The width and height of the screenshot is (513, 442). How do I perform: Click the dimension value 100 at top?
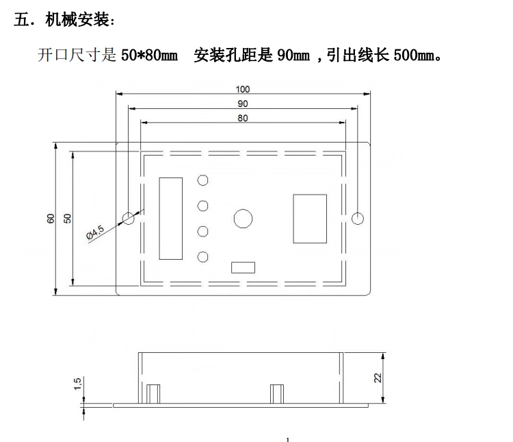point(243,89)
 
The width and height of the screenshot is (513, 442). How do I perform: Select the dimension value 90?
point(243,103)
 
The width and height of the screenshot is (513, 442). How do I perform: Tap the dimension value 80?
point(243,118)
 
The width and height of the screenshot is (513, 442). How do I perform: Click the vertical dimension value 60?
point(51,219)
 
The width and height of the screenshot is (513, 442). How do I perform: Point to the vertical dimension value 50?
point(68,218)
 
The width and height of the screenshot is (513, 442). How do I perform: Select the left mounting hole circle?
point(128,219)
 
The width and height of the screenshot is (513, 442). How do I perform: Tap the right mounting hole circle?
point(358,218)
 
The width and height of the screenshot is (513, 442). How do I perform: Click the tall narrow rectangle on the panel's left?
point(171,219)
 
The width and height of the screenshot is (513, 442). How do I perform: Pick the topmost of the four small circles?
point(202,180)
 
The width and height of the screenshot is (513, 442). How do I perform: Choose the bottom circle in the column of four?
point(202,257)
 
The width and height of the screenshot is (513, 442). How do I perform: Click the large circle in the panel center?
point(243,219)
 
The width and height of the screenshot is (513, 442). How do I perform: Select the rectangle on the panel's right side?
point(311,219)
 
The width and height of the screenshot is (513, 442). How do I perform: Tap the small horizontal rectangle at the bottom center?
point(243,267)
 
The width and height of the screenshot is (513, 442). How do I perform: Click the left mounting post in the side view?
point(153,394)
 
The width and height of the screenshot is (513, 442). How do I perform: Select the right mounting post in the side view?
point(277,394)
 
